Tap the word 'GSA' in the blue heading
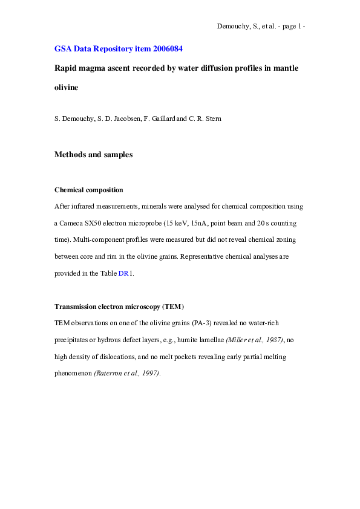(x=64, y=48)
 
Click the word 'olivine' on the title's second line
(x=67, y=88)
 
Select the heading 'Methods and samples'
(x=93, y=154)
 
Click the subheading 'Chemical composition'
(x=89, y=190)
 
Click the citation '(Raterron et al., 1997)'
(x=127, y=374)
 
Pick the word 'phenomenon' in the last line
(x=73, y=374)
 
